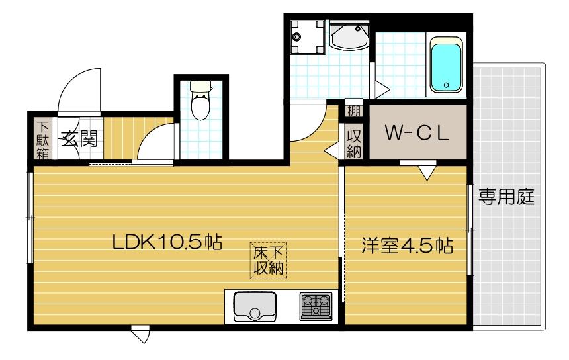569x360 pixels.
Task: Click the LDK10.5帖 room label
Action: [x=166, y=242]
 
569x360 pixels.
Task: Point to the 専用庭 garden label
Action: [x=506, y=197]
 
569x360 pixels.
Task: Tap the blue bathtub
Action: [x=447, y=65]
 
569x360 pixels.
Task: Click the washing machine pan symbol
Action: [x=306, y=37]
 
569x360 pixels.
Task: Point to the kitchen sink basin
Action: [x=254, y=306]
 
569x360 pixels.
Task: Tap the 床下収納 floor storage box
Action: [x=267, y=260]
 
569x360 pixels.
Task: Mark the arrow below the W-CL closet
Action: [x=427, y=173]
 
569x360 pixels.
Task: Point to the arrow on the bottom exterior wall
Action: [x=140, y=336]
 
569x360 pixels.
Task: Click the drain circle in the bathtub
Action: [x=447, y=85]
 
